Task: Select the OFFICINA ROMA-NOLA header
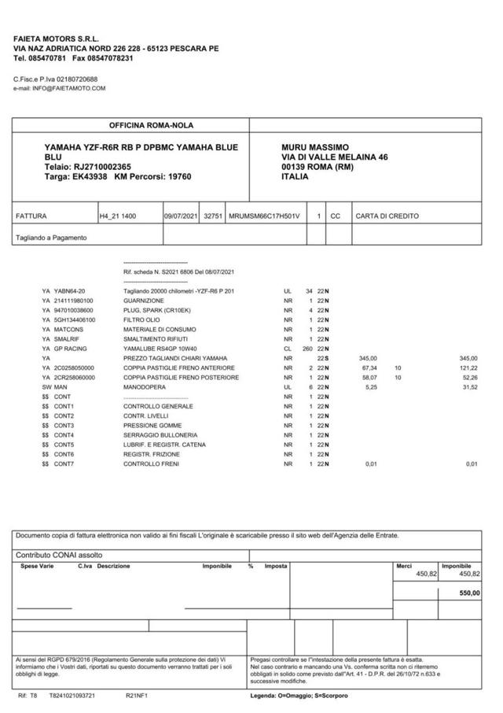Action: tap(151, 125)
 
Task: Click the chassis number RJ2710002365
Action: tap(102, 167)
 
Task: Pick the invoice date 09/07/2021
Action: tap(181, 216)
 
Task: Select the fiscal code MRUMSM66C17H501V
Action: tap(265, 216)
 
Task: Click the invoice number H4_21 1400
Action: tap(117, 216)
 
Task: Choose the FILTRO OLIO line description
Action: tap(143, 320)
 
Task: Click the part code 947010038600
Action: tap(73, 310)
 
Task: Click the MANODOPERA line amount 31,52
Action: tap(470, 386)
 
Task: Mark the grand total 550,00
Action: tap(469, 593)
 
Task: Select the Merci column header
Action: tap(404, 565)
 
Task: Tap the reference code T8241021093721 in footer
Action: tap(72, 696)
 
